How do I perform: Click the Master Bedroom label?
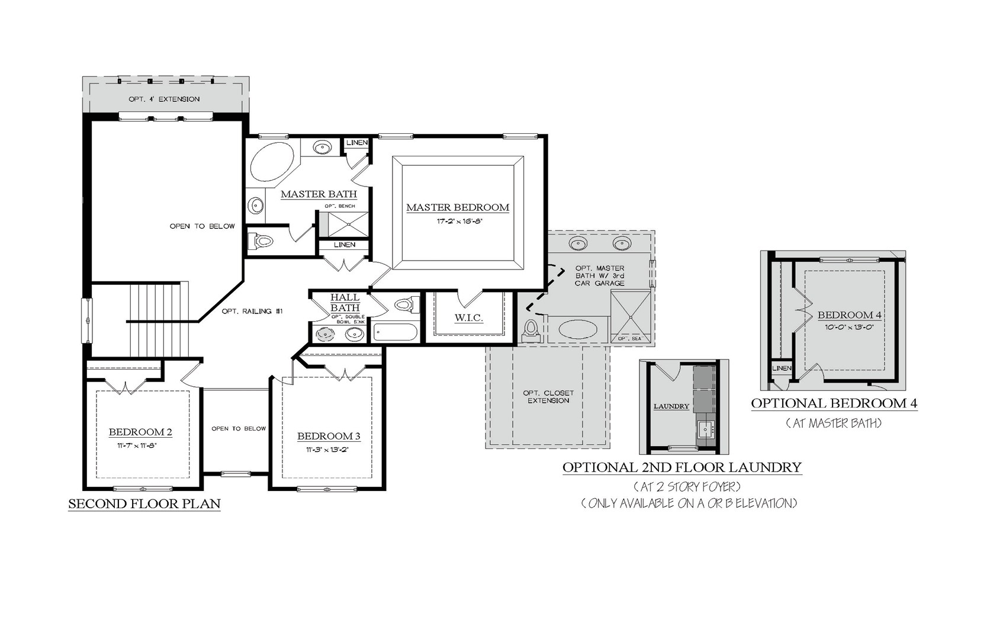tap(457, 207)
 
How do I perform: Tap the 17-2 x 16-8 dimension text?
tap(457, 222)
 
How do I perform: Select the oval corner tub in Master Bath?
tap(271, 162)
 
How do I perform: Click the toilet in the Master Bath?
tap(261, 241)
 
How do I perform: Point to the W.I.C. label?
tap(469, 318)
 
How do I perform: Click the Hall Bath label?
tap(345, 303)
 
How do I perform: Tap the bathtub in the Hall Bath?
tap(395, 332)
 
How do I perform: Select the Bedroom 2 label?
tap(140, 432)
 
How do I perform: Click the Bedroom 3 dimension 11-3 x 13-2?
tap(328, 449)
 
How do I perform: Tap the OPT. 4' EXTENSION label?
tap(164, 99)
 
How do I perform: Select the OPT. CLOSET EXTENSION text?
tap(548, 397)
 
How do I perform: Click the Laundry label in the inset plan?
tap(671, 406)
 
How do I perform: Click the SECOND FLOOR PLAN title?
tap(144, 504)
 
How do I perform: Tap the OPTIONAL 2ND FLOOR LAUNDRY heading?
tap(682, 467)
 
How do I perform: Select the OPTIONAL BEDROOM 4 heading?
tap(834, 403)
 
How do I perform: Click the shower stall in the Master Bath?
tap(343, 225)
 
